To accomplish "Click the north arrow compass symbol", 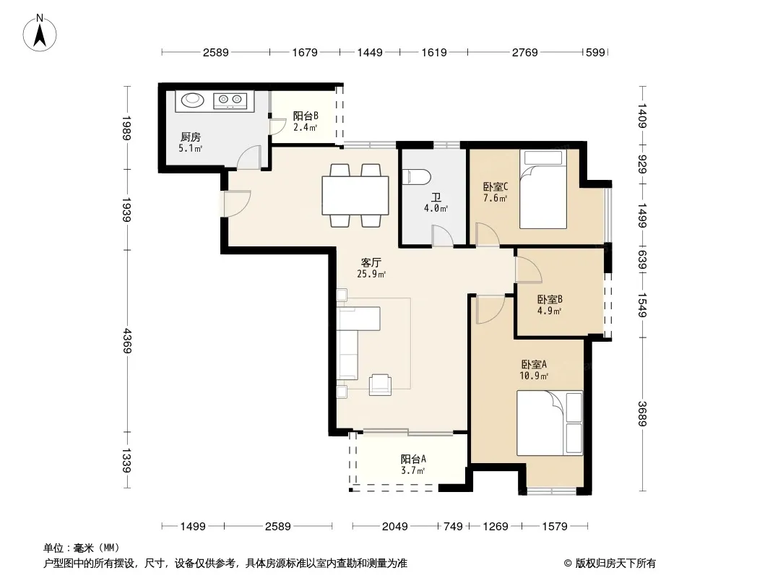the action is click(x=40, y=33).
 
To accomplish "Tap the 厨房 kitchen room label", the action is click(x=191, y=137).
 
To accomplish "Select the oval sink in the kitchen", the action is click(x=192, y=100).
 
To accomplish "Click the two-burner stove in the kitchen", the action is click(x=230, y=100).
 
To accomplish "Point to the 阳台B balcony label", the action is click(x=306, y=116).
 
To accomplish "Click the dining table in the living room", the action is click(x=355, y=195).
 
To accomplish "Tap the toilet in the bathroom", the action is click(x=416, y=177).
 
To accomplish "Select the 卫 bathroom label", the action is click(x=436, y=197).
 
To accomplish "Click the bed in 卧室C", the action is click(x=543, y=189).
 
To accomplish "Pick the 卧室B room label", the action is click(x=550, y=299).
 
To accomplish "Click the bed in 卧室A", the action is click(x=550, y=423).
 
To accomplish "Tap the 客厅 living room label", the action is click(x=371, y=262).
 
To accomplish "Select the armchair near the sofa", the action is click(x=380, y=384).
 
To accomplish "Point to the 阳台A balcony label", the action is click(x=413, y=459).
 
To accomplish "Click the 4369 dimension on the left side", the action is click(x=127, y=341).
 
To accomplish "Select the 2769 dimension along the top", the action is click(x=525, y=52).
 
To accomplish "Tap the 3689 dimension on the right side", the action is click(x=642, y=413).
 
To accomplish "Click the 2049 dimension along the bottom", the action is click(x=395, y=527).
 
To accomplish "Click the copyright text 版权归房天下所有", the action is click(x=615, y=564).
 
